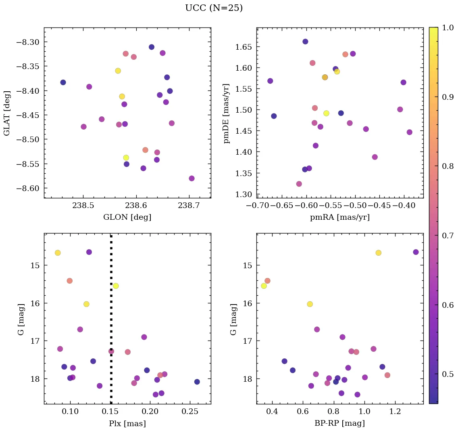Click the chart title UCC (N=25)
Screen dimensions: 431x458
point(214,8)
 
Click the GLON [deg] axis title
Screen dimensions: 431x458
point(127,217)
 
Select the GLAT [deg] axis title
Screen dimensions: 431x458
point(7,113)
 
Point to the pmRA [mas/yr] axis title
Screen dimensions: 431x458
point(339,217)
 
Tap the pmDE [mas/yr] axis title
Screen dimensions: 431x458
point(226,113)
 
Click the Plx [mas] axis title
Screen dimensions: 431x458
point(127,423)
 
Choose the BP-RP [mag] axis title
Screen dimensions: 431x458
point(339,423)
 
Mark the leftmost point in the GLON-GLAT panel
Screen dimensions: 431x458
point(63,82)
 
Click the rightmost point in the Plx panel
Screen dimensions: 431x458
point(197,382)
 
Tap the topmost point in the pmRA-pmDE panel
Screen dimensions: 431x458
point(305,42)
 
